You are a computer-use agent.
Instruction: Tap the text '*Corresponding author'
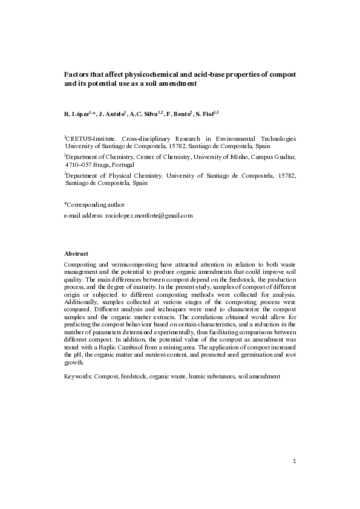(x=94, y=205)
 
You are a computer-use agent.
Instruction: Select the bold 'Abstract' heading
(x=76, y=253)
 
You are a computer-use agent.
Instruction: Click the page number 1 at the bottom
(x=293, y=462)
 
